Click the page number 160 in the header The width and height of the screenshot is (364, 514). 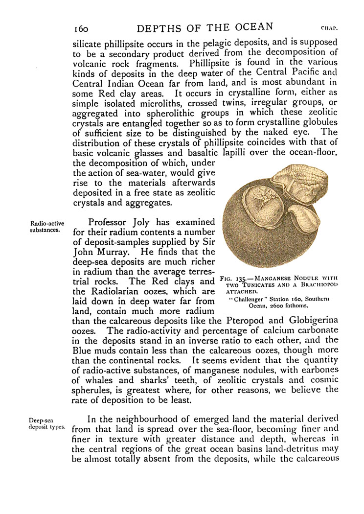[81, 28]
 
